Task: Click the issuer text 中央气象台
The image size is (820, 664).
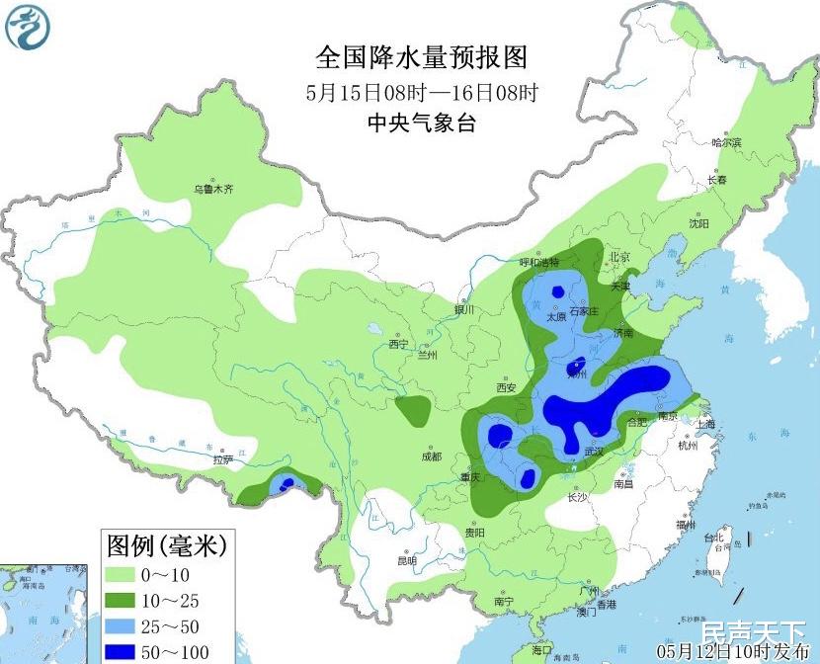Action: point(422,124)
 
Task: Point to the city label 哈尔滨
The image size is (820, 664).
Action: point(726,143)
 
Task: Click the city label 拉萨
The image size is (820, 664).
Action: point(223,459)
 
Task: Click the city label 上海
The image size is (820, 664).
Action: point(705,424)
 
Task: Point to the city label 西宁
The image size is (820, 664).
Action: point(398,344)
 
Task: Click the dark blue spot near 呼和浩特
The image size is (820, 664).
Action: point(558,291)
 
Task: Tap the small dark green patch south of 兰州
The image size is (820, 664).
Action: point(413,408)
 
